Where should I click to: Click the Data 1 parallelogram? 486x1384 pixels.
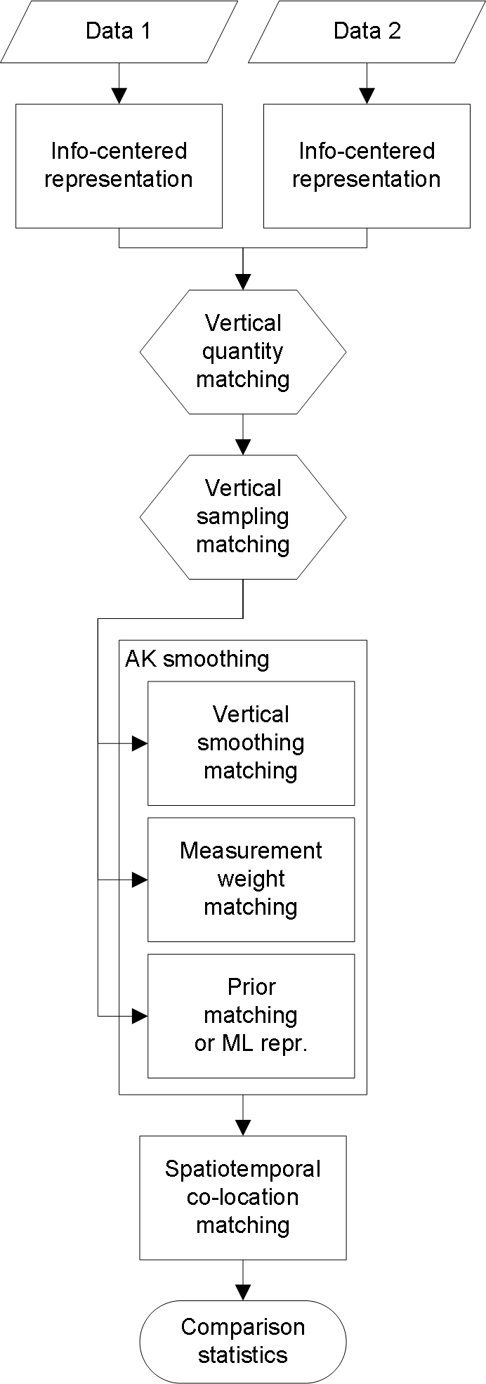[119, 32]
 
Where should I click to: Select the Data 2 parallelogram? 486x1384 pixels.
[367, 32]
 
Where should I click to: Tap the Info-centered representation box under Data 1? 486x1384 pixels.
[119, 166]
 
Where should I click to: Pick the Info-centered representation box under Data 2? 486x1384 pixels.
[367, 166]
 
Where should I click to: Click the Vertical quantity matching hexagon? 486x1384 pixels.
[243, 351]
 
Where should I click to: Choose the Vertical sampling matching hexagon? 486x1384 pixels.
[243, 516]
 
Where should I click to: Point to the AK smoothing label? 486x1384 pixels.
[197, 659]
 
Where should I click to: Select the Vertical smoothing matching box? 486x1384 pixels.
[251, 743]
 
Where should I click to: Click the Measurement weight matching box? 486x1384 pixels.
[251, 879]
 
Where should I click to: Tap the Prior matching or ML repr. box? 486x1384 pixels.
[251, 1015]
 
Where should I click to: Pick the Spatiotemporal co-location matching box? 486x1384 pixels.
[243, 1197]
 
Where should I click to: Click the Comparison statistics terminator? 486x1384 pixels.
[243, 1340]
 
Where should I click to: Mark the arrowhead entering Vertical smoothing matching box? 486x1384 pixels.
[140, 743]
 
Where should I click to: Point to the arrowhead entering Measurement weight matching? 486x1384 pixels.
[140, 879]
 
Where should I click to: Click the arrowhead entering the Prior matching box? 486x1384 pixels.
[140, 1015]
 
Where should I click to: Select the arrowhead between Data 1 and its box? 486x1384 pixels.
[119, 96]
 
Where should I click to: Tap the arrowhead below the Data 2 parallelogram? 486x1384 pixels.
[367, 96]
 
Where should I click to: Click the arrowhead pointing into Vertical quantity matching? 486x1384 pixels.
[243, 282]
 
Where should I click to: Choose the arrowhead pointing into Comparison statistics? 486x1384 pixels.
[243, 1292]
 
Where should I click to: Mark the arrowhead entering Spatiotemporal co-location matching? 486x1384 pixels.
[243, 1128]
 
